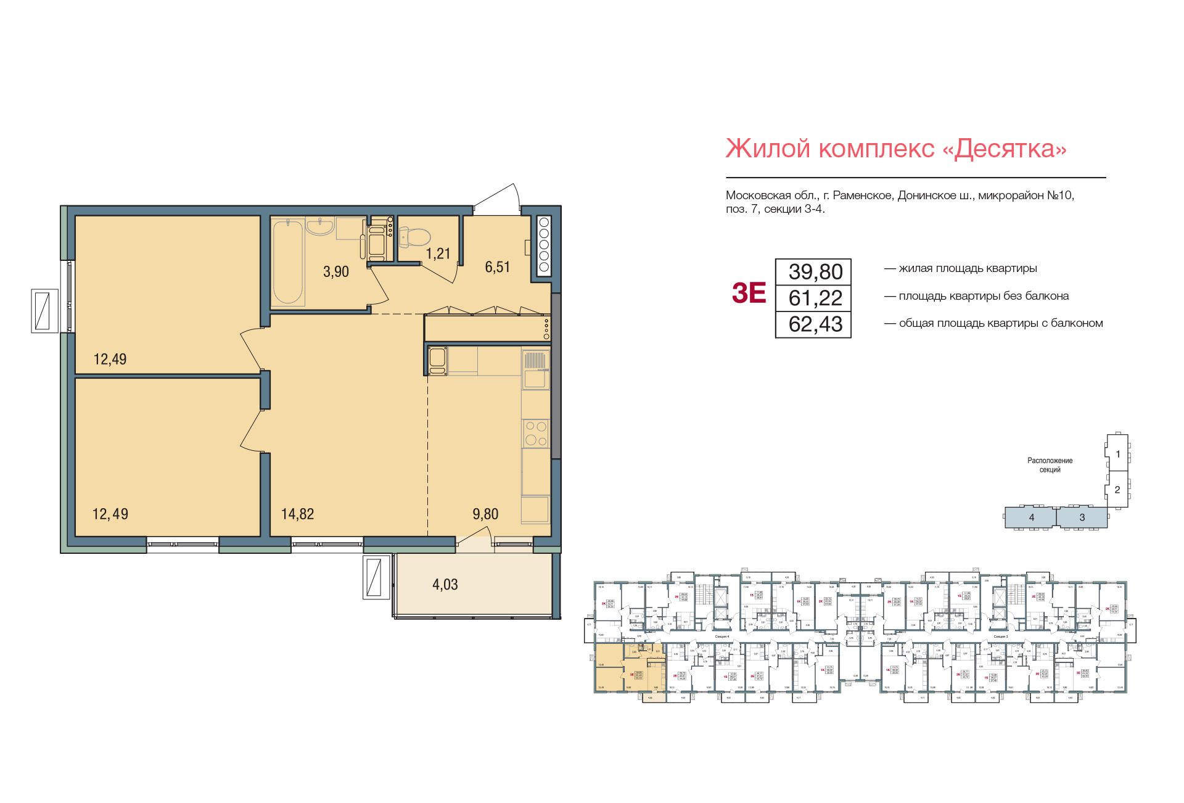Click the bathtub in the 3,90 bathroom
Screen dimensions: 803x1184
[x=287, y=262]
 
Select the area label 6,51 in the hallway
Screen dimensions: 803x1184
[x=497, y=267]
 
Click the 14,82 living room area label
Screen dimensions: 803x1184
[x=297, y=514]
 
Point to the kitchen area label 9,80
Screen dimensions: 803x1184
[x=485, y=514]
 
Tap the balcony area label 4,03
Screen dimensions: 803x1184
[x=445, y=584]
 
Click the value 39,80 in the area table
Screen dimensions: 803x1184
[x=815, y=272]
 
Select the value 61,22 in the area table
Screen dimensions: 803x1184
[x=815, y=299]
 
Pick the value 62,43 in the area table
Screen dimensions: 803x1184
[x=815, y=324]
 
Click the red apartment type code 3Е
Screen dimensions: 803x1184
[x=749, y=294]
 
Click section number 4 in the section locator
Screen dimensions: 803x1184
[x=1032, y=517]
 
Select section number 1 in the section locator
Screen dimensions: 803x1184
[x=1118, y=454]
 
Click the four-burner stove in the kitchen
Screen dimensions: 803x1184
[x=535, y=433]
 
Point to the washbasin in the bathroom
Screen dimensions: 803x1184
[x=320, y=227]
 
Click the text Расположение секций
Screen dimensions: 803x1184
[x=1050, y=465]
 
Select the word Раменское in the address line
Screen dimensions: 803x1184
[x=862, y=196]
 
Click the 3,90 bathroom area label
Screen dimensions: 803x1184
[x=336, y=271]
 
